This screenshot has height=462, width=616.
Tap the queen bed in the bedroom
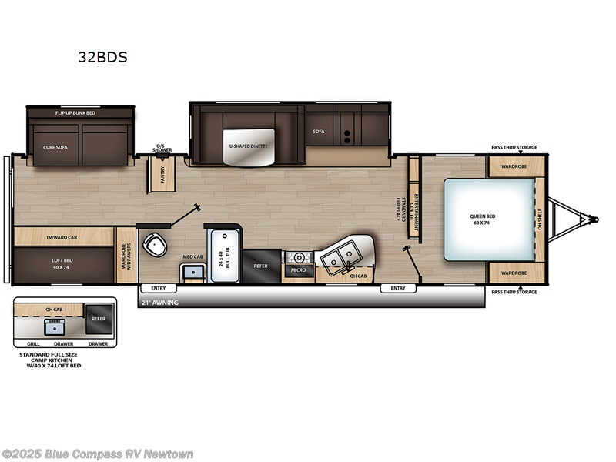(487, 219)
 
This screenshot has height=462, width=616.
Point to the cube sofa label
(55, 146)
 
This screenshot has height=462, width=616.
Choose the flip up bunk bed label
(75, 113)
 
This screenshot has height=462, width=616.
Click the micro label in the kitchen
(298, 270)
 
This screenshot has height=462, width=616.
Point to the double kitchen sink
(342, 256)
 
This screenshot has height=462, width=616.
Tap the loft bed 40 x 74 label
(62, 263)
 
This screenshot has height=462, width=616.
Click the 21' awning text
(159, 303)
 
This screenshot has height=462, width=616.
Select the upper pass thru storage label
(514, 147)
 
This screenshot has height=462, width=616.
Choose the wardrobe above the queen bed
(514, 165)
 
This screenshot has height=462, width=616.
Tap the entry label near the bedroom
(397, 288)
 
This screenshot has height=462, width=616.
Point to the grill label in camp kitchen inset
(33, 343)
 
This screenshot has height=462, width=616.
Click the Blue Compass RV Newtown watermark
(98, 454)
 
